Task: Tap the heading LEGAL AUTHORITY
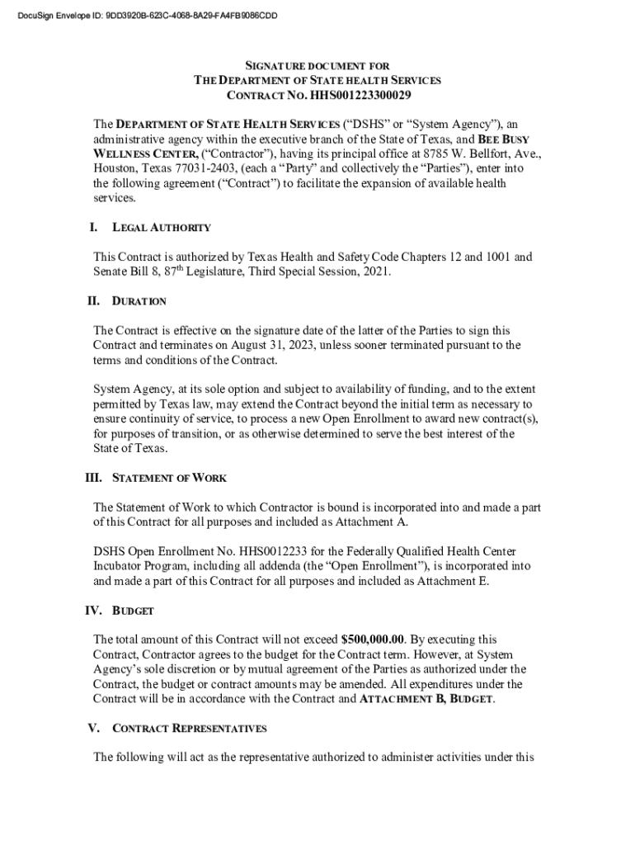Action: [x=161, y=228]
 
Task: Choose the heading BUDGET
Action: [x=133, y=611]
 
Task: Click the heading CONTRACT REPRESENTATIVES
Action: [x=189, y=729]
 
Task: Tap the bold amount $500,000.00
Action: [x=373, y=640]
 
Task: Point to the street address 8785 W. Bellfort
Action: [x=468, y=153]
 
